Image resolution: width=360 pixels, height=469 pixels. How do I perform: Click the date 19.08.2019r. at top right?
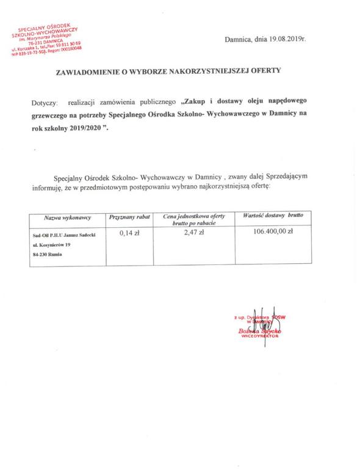(x=284, y=40)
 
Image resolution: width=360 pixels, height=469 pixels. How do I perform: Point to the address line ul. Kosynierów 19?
(x=51, y=244)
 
